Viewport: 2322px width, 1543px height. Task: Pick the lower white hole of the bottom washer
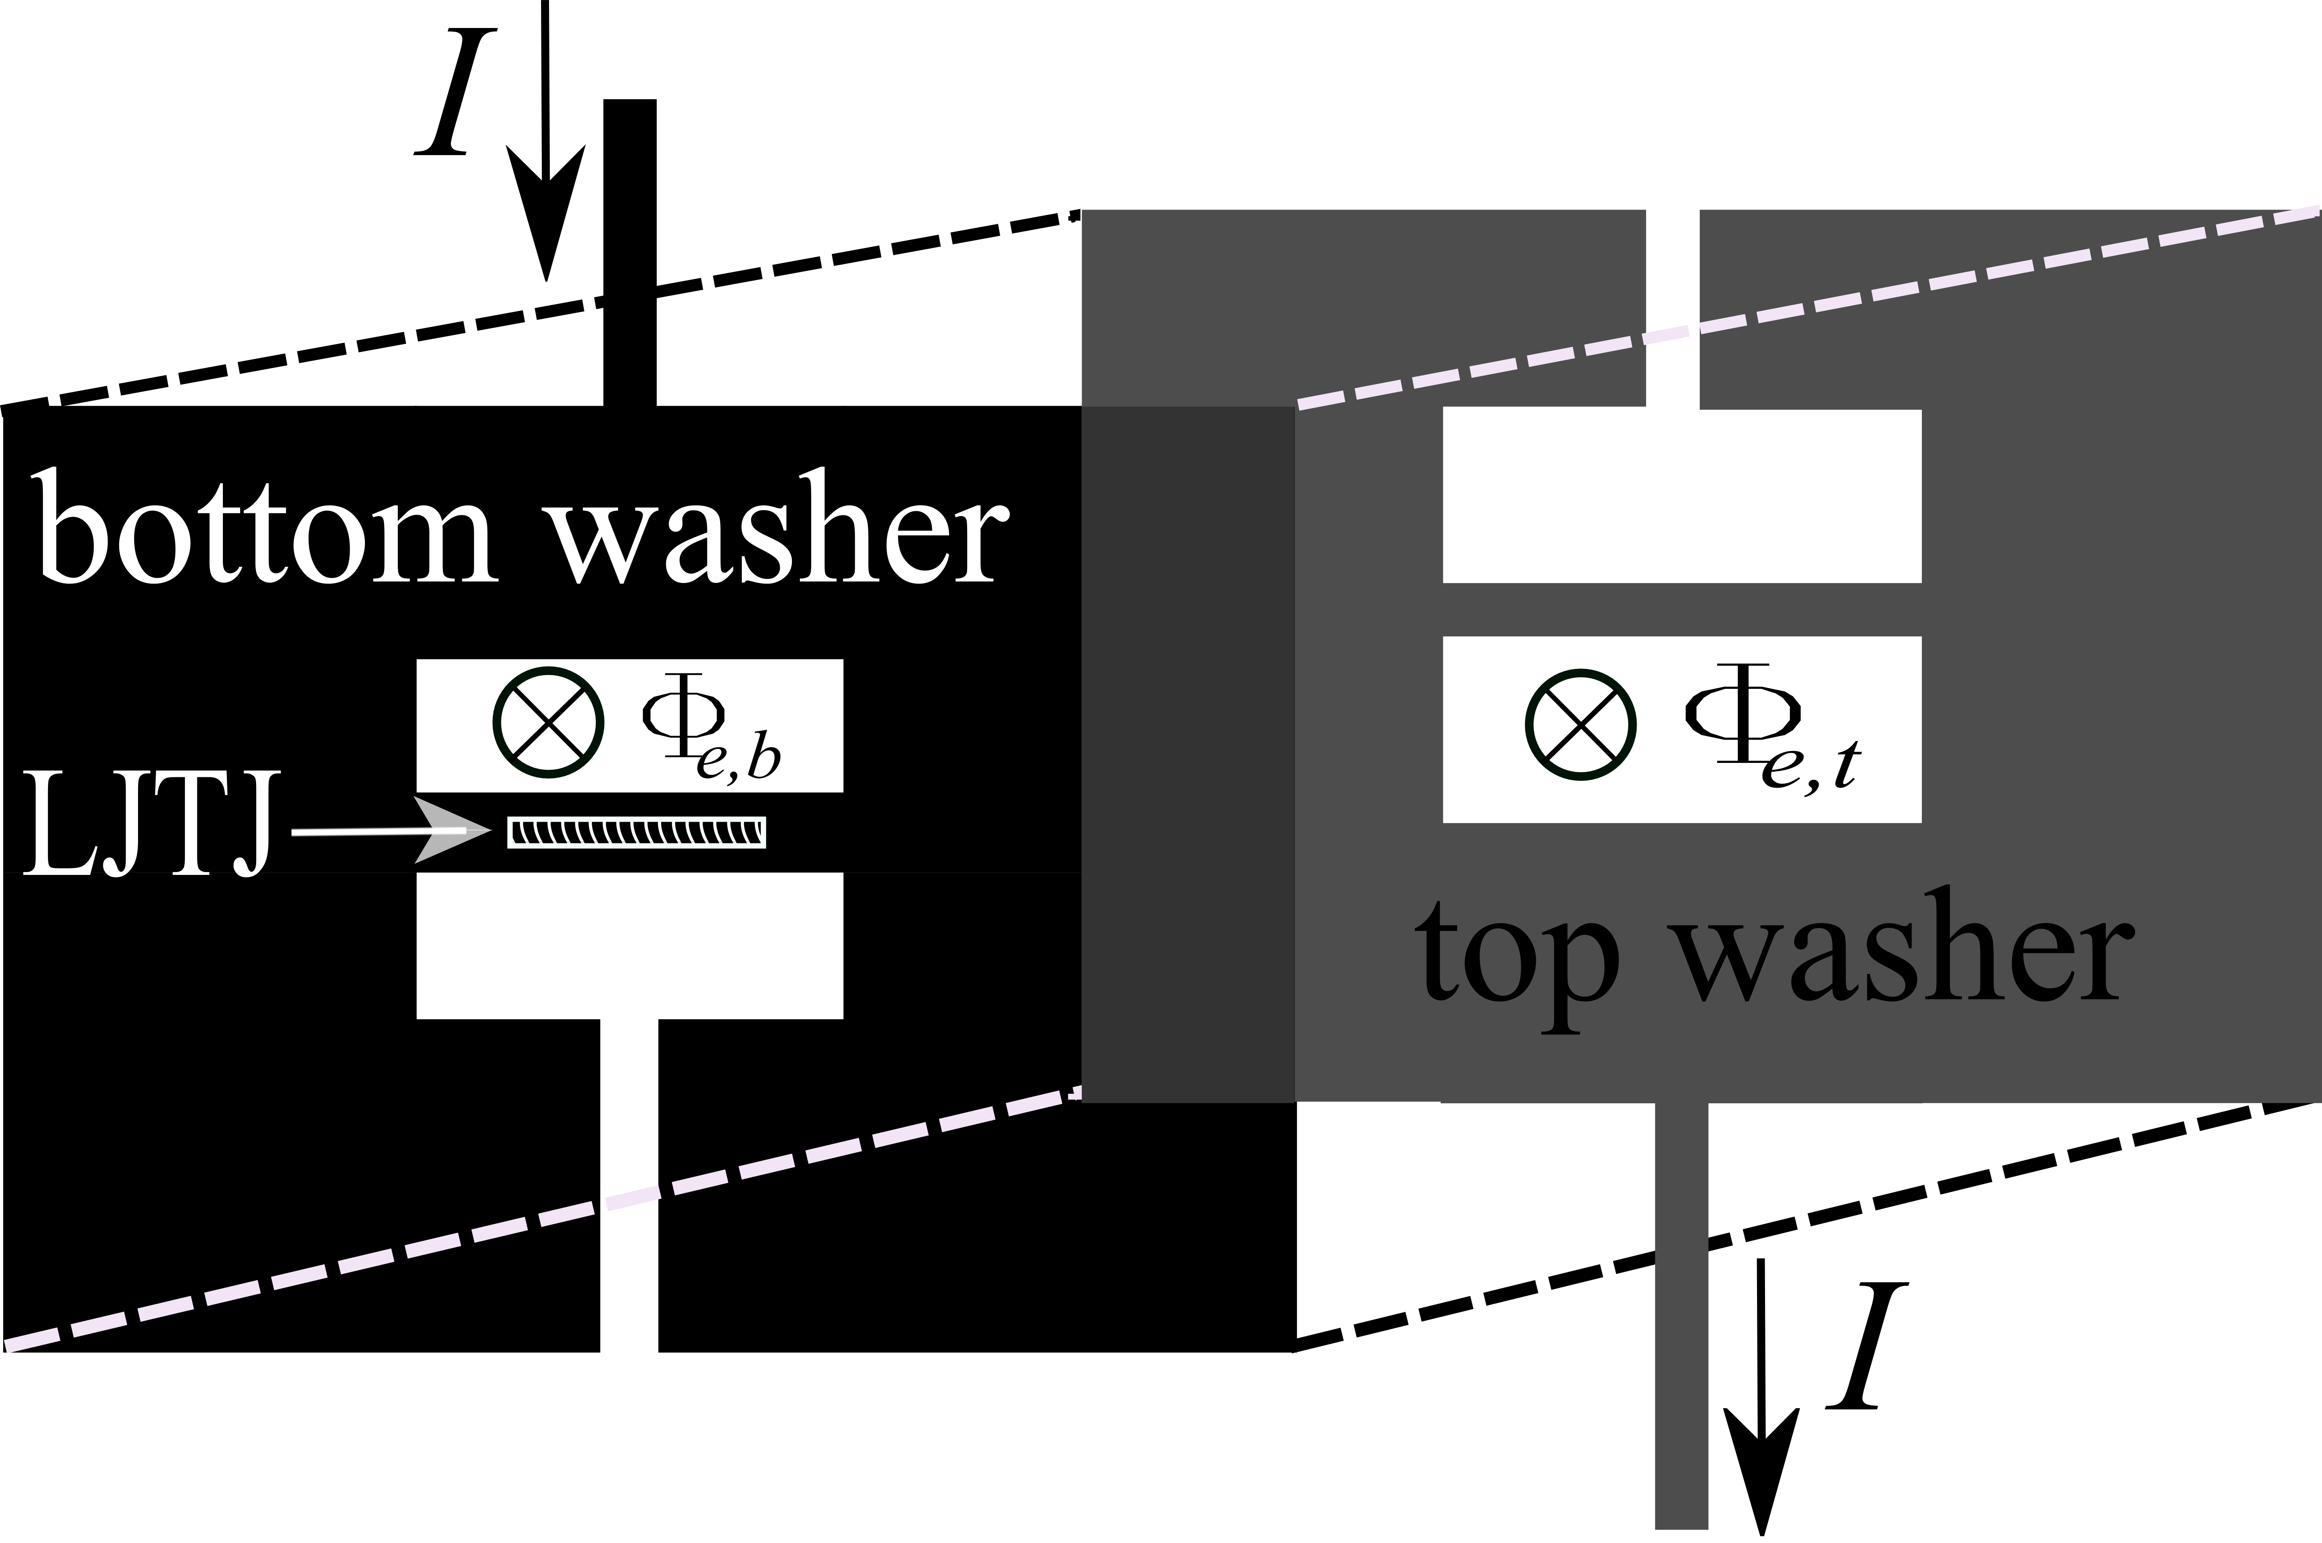tap(630, 945)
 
